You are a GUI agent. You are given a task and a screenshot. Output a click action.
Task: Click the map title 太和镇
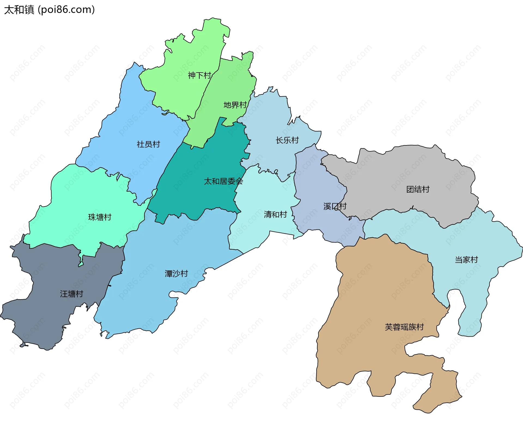click(19, 10)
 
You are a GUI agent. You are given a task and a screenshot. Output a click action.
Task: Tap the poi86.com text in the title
click(66, 10)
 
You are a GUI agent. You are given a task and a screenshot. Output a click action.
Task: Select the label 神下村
click(199, 75)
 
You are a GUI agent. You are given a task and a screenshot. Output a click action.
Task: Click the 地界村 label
click(235, 105)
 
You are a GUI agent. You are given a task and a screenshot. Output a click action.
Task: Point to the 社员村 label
click(148, 144)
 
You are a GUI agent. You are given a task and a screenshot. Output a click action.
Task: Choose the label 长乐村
click(287, 140)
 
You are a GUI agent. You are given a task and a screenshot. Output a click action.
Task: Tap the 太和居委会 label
click(223, 181)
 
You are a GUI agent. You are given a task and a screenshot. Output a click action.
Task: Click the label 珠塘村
click(100, 217)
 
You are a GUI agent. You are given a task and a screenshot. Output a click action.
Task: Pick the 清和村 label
click(275, 214)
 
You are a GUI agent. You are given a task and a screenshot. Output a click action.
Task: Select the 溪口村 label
click(335, 206)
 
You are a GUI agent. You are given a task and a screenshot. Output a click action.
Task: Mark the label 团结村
click(418, 189)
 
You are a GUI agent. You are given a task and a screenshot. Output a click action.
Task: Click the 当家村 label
click(466, 260)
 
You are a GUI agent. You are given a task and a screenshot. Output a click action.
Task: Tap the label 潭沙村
click(176, 274)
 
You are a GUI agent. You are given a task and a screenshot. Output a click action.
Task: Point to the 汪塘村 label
click(71, 294)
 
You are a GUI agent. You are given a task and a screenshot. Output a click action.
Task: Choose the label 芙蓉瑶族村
click(404, 327)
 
